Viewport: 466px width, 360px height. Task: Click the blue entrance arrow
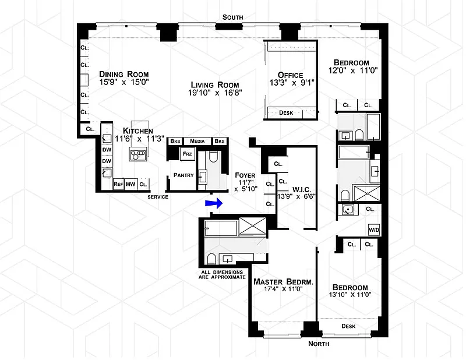click(x=214, y=203)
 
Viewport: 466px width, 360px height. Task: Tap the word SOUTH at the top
click(x=232, y=18)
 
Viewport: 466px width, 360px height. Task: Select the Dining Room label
click(x=123, y=75)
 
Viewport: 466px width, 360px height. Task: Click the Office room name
click(x=290, y=75)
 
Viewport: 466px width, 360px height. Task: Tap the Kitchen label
click(x=138, y=131)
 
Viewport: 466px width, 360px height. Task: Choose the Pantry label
click(x=183, y=175)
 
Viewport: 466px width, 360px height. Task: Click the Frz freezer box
click(x=187, y=154)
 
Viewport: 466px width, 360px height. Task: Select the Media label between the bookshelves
click(x=198, y=142)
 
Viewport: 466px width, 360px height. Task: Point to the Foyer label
click(x=245, y=175)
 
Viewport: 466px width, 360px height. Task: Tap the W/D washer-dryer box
click(x=373, y=230)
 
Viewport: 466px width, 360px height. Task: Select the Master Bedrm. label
click(x=284, y=282)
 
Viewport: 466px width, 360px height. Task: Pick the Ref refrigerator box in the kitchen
click(x=118, y=184)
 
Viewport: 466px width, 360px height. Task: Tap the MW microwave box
click(x=131, y=184)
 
